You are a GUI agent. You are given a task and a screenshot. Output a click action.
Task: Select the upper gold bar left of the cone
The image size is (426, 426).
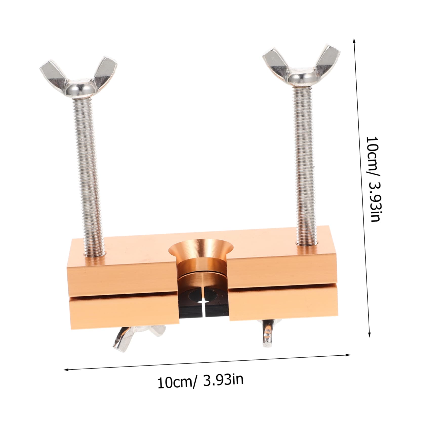click(119, 268)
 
